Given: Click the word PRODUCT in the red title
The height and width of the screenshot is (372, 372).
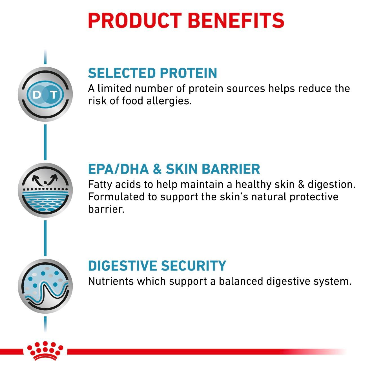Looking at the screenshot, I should pyautogui.click(x=135, y=20).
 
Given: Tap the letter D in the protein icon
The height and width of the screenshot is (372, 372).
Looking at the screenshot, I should pyautogui.click(x=37, y=95).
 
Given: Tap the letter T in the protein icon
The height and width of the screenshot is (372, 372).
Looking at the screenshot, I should pyautogui.click(x=54, y=95).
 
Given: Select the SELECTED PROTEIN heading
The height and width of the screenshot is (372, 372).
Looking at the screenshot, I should pyautogui.click(x=152, y=73).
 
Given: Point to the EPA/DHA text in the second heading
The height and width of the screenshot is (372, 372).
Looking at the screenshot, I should pyautogui.click(x=118, y=169).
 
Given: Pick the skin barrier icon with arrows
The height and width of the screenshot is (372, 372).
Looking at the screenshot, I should pyautogui.click(x=45, y=190).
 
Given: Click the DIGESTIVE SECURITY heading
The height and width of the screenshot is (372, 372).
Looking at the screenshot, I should pyautogui.click(x=157, y=266).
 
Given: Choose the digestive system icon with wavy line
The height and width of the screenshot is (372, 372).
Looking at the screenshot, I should pyautogui.click(x=45, y=286).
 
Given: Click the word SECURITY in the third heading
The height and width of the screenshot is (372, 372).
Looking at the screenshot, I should pyautogui.click(x=194, y=266).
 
